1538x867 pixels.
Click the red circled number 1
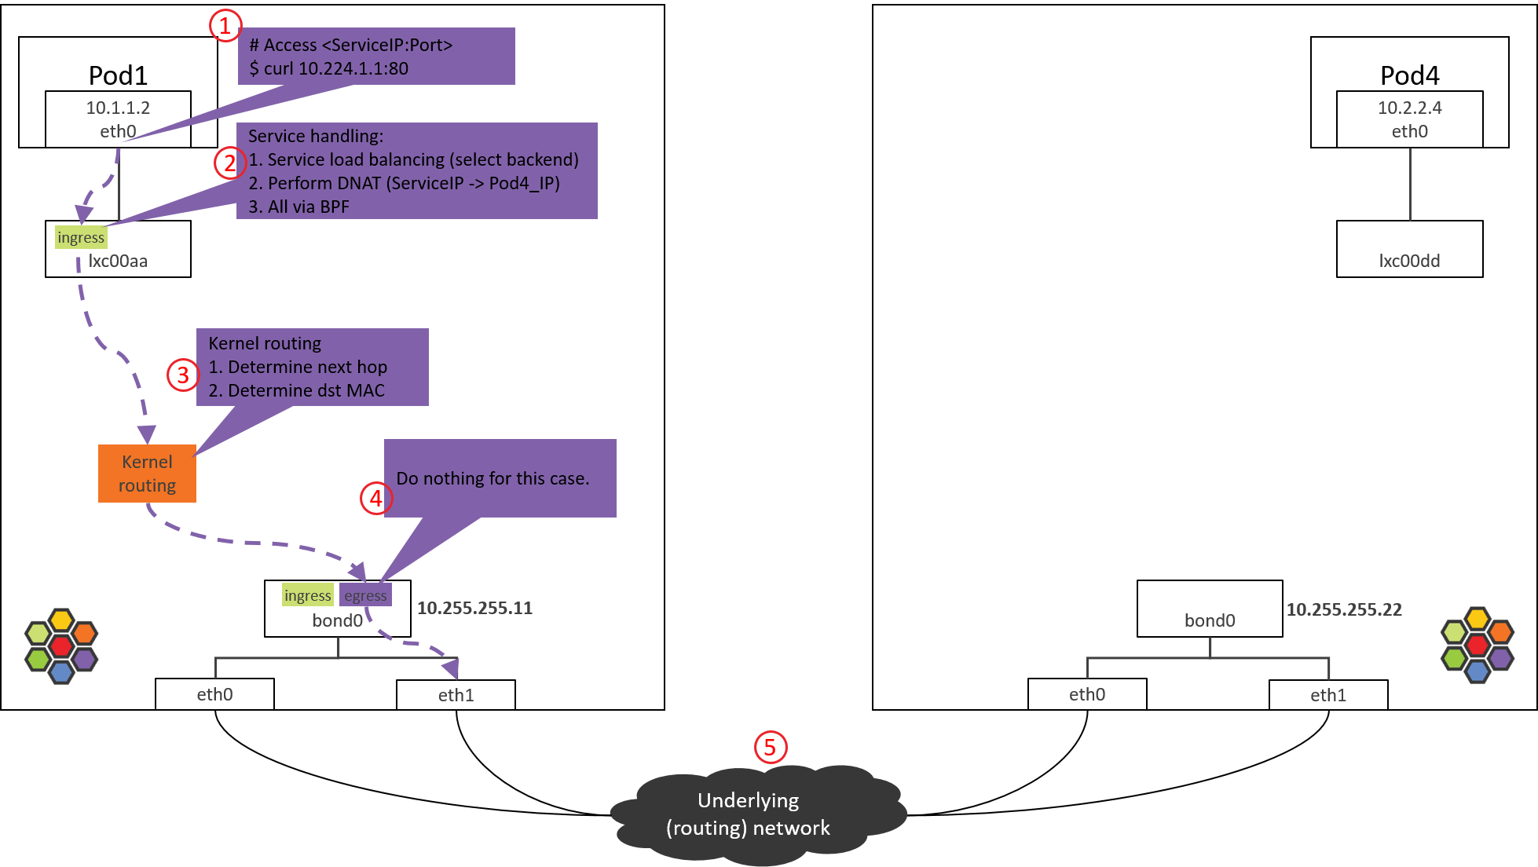(x=225, y=26)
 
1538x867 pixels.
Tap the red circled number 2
(x=229, y=163)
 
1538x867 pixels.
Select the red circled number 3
(x=183, y=375)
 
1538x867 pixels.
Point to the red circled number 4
(x=376, y=499)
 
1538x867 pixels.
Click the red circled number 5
(x=770, y=747)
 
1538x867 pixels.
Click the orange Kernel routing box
(x=147, y=474)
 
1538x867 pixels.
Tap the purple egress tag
(x=365, y=595)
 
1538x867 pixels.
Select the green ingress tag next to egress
(x=307, y=595)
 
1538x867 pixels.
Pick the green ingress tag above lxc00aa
(x=81, y=237)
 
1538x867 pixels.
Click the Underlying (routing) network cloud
(x=749, y=814)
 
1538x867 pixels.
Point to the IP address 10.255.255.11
(x=474, y=608)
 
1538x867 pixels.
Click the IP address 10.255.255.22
(x=1343, y=609)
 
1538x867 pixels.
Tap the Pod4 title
(x=1409, y=75)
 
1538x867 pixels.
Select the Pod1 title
(x=118, y=75)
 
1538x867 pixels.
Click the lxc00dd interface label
(x=1409, y=261)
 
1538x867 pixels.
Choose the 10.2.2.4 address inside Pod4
(x=1409, y=108)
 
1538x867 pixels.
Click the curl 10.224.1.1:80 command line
(x=328, y=68)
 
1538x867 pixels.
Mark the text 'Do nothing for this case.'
(x=493, y=478)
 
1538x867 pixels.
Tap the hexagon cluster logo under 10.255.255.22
(x=1477, y=646)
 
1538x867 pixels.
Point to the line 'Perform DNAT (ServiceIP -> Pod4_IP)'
(x=404, y=183)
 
